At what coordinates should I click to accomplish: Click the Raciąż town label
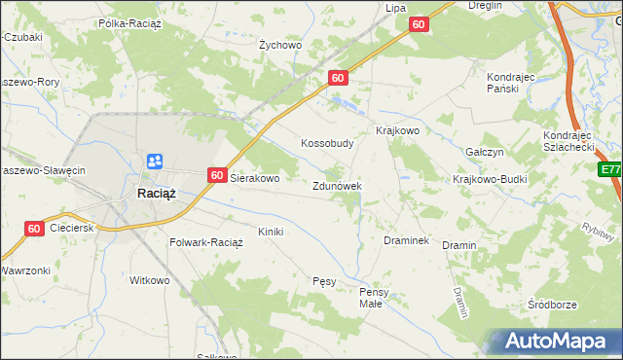pyautogui.click(x=156, y=193)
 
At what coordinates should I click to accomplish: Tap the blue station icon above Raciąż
pyautogui.click(x=156, y=162)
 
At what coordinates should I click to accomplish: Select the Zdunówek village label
pyautogui.click(x=337, y=186)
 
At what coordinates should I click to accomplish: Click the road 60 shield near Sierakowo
pyautogui.click(x=218, y=176)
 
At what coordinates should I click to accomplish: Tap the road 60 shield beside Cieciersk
pyautogui.click(x=34, y=229)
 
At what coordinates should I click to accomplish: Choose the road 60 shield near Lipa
pyautogui.click(x=419, y=24)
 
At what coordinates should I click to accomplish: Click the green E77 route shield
pyautogui.click(x=610, y=170)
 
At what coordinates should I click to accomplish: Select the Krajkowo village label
pyautogui.click(x=397, y=130)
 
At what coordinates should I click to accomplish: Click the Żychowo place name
pyautogui.click(x=280, y=45)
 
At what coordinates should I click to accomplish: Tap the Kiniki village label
pyautogui.click(x=270, y=232)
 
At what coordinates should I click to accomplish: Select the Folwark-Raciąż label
pyautogui.click(x=206, y=242)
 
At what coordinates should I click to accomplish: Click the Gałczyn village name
pyautogui.click(x=484, y=153)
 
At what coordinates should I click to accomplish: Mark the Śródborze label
pyautogui.click(x=551, y=305)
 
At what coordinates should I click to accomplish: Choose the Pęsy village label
pyautogui.click(x=324, y=281)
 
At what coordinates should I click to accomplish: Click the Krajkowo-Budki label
pyautogui.click(x=487, y=180)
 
